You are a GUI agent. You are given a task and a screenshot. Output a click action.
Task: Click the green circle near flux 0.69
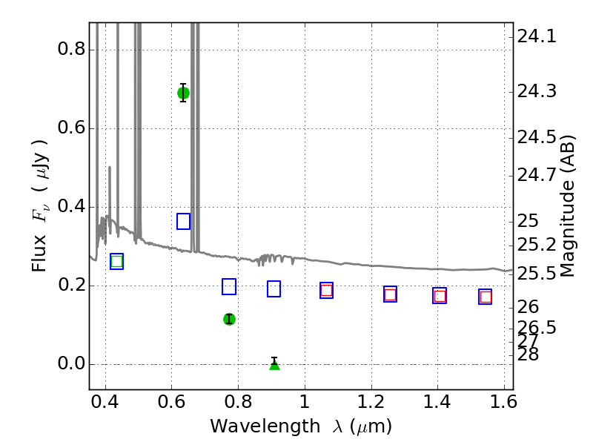click(183, 93)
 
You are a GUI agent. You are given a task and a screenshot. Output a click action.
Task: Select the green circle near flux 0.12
click(229, 319)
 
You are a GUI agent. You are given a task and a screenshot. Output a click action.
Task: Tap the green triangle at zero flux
click(274, 364)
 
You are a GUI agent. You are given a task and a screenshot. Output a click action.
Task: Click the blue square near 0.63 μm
click(183, 221)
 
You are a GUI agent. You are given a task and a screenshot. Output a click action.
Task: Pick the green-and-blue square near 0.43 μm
click(116, 262)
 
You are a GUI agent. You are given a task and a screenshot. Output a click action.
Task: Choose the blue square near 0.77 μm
click(229, 286)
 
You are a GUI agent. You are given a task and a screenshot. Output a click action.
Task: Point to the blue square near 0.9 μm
click(274, 289)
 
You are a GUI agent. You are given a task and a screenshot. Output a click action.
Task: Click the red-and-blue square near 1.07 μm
click(326, 290)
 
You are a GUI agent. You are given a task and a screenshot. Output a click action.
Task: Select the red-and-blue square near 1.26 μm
click(391, 294)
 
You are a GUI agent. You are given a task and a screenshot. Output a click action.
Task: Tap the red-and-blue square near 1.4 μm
click(440, 295)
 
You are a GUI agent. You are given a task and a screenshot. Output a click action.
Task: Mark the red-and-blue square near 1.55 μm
click(486, 297)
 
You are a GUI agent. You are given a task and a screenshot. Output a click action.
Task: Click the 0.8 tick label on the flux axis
click(71, 49)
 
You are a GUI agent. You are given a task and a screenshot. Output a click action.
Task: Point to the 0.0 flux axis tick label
click(71, 363)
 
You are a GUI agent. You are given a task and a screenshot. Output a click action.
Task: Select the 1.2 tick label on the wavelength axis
click(371, 402)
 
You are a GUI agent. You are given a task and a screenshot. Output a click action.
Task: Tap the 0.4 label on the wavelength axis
click(105, 402)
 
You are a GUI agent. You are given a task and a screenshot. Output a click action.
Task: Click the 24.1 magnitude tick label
click(537, 36)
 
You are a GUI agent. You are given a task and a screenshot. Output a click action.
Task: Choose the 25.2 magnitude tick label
click(537, 245)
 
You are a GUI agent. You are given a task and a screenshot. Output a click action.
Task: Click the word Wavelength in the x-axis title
click(265, 426)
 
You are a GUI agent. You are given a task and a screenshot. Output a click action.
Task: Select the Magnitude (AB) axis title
click(567, 206)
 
